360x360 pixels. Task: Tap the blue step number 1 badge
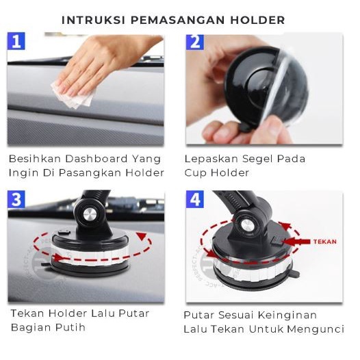pyautogui.click(x=17, y=42)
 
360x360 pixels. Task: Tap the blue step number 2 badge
pyautogui.click(x=196, y=42)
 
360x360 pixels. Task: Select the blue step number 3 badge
pyautogui.click(x=17, y=200)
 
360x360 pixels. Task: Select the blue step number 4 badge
pyautogui.click(x=196, y=200)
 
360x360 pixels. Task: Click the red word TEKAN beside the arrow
pyautogui.click(x=324, y=242)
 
